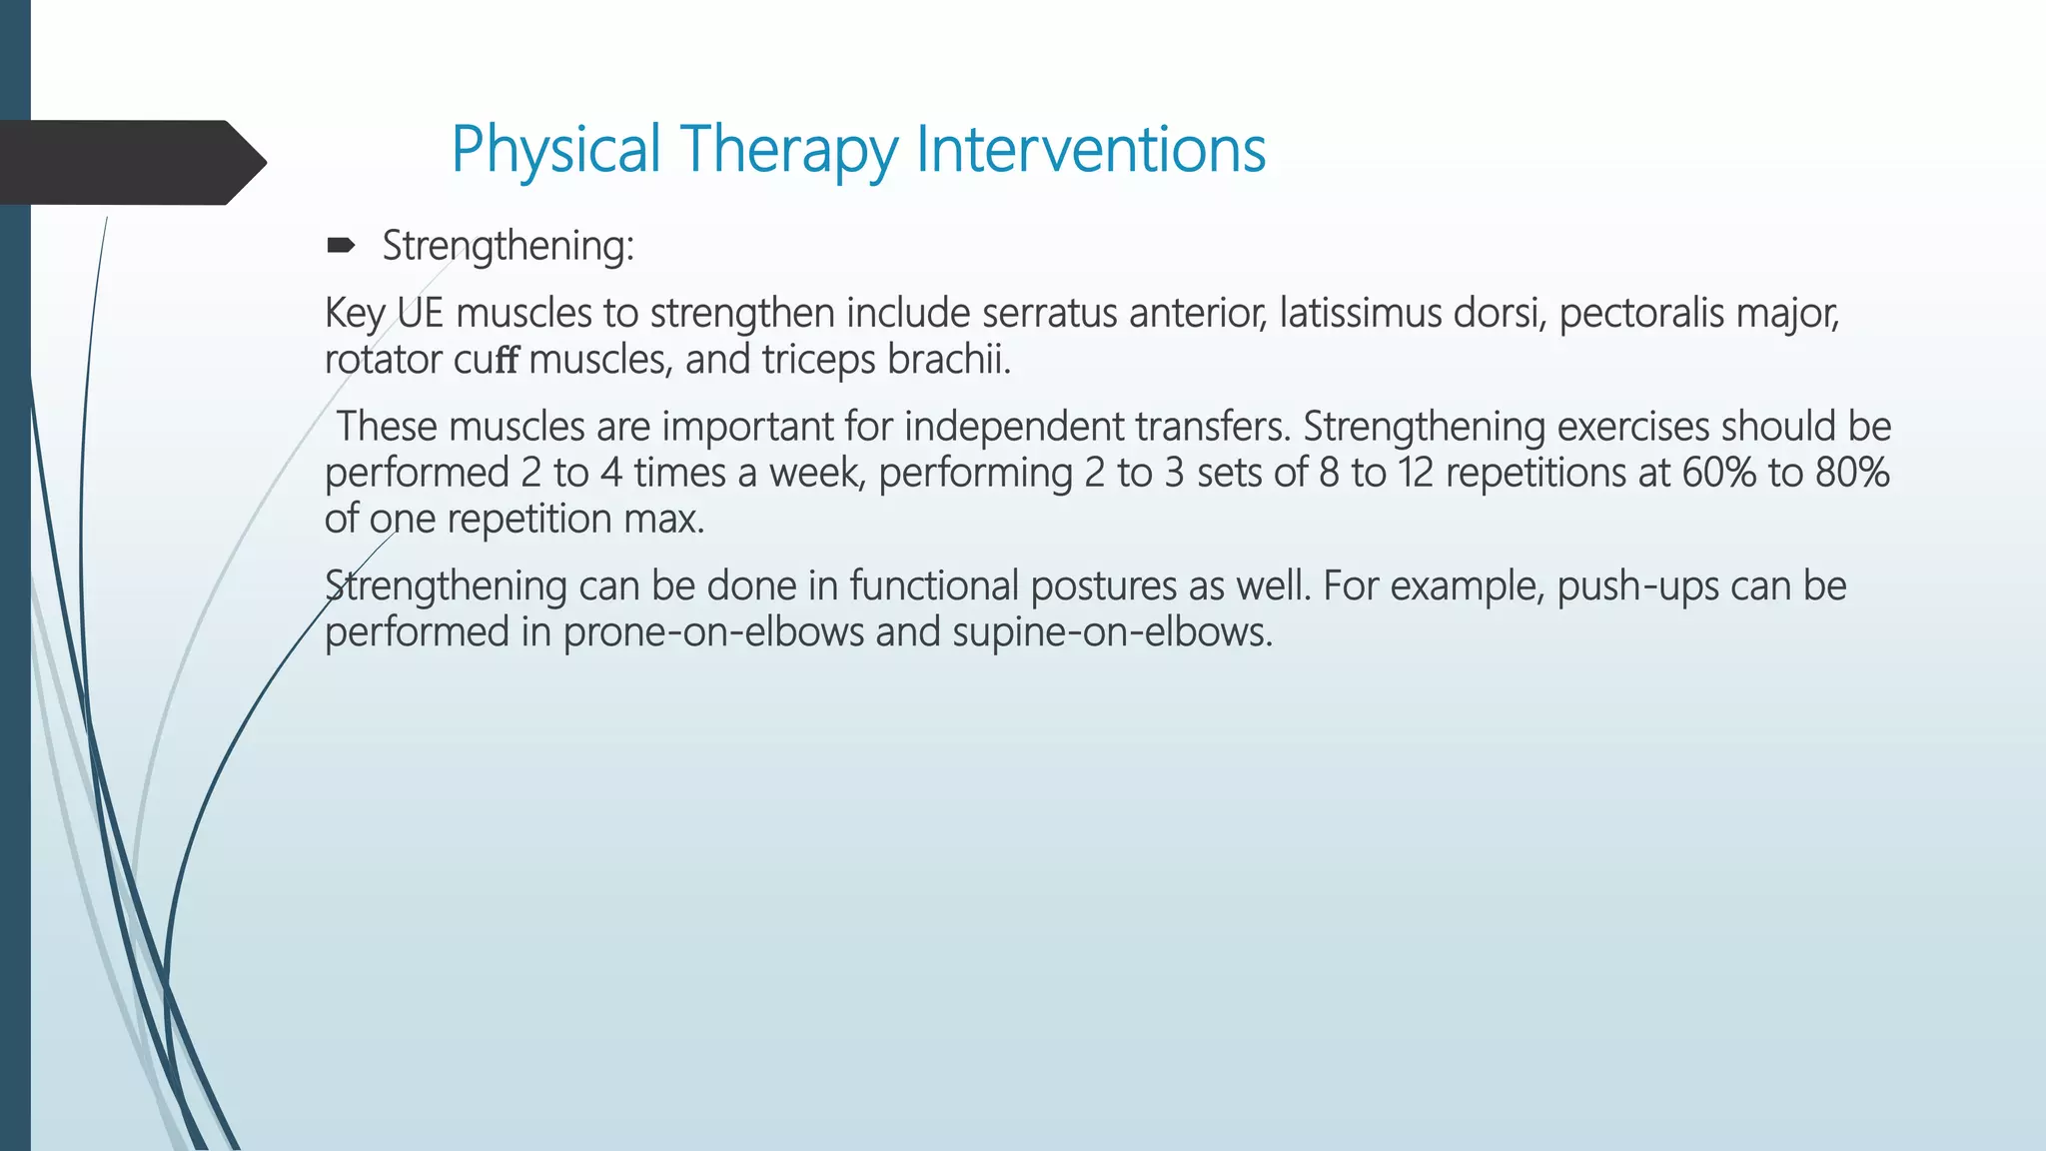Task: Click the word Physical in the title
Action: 556,150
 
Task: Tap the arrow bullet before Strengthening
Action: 341,246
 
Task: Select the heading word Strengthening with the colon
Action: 508,246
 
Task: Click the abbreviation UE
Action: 420,314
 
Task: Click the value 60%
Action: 1718,473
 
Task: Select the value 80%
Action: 1852,473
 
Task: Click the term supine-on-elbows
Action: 1112,632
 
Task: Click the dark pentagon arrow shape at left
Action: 130,163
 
